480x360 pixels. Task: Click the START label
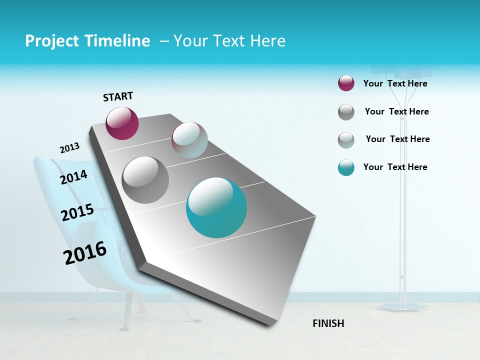118,96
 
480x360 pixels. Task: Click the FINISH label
328,323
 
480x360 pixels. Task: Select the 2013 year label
69,148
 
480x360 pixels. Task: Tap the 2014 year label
73,177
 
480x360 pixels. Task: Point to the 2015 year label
77,212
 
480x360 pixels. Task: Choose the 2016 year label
85,253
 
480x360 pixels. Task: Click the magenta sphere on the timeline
122,123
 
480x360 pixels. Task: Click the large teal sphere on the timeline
216,207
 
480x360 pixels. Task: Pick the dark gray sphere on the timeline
145,180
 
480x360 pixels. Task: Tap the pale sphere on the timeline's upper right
189,140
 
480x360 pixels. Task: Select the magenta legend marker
346,83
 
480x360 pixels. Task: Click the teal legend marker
346,167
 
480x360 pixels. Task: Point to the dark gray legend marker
346,112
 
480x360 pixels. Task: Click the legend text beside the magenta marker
395,83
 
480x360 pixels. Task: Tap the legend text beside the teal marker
395,167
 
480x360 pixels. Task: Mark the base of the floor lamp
403,306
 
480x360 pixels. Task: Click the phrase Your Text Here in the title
229,41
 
